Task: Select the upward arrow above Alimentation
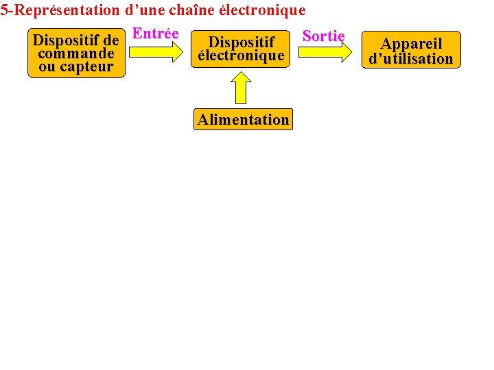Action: pyautogui.click(x=241, y=87)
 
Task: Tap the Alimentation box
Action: pyautogui.click(x=244, y=120)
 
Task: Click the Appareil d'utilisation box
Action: pyautogui.click(x=411, y=51)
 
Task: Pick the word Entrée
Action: pyautogui.click(x=155, y=34)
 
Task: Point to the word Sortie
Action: pyautogui.click(x=323, y=36)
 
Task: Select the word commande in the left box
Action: pyautogui.click(x=76, y=53)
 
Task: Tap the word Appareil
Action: pyautogui.click(x=412, y=44)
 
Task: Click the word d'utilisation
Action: pyautogui.click(x=411, y=59)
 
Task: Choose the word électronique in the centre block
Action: pyautogui.click(x=241, y=56)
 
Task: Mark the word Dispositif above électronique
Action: pyautogui.click(x=241, y=42)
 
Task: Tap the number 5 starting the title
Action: pyautogui.click(x=4, y=10)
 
